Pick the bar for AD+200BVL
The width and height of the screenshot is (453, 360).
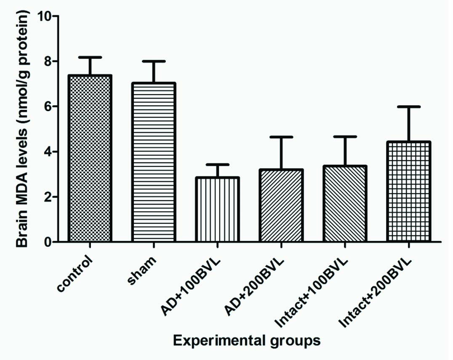[x=281, y=206]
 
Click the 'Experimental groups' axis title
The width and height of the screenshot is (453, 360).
[x=248, y=340]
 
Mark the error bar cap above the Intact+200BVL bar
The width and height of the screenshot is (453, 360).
[x=408, y=107]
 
